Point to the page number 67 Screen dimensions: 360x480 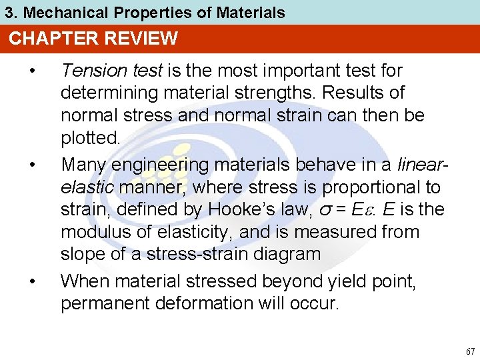pos(471,351)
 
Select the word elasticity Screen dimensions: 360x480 pos(187,233)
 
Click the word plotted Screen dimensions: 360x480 pos(90,139)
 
